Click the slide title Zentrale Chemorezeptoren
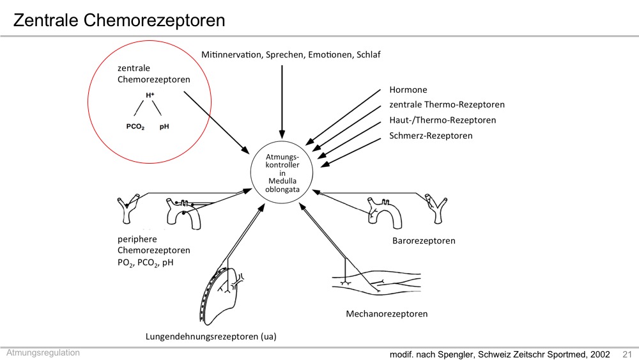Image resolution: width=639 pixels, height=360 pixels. tap(119, 20)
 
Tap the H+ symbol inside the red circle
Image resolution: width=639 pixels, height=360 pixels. tap(150, 95)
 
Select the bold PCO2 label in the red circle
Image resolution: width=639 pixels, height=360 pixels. tap(135, 127)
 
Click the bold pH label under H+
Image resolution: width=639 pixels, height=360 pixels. tap(164, 127)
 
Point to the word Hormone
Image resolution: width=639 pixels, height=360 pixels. tap(408, 90)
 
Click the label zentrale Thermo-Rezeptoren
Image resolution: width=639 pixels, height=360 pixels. tap(447, 104)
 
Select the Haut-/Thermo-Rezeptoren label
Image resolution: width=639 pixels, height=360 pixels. tap(443, 120)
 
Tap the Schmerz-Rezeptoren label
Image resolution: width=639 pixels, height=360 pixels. tap(431, 136)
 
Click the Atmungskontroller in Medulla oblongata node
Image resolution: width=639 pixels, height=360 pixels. tap(282, 173)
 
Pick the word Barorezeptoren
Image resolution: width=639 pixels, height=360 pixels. tap(424, 241)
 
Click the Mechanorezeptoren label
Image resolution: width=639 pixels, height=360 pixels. tap(387, 314)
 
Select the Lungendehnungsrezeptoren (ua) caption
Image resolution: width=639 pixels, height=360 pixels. tap(211, 336)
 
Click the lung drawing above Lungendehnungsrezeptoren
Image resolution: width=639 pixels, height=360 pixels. tap(222, 295)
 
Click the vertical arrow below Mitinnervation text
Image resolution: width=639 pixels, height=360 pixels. tap(282, 102)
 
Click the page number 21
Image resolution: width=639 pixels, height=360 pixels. tap(627, 354)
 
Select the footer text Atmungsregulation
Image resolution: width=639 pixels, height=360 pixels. tap(43, 353)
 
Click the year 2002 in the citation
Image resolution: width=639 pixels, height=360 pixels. tap(600, 354)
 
